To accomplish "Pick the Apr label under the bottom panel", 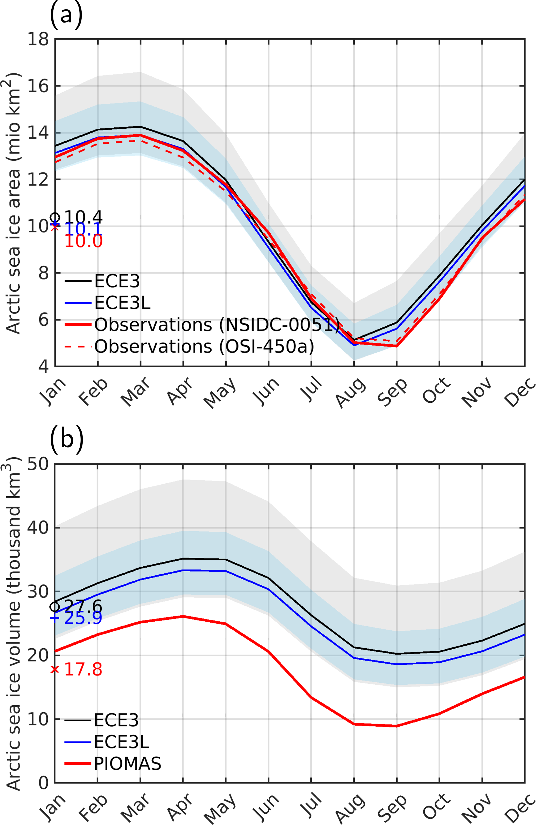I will click(179, 811).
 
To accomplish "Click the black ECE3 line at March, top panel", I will click(140, 127).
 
